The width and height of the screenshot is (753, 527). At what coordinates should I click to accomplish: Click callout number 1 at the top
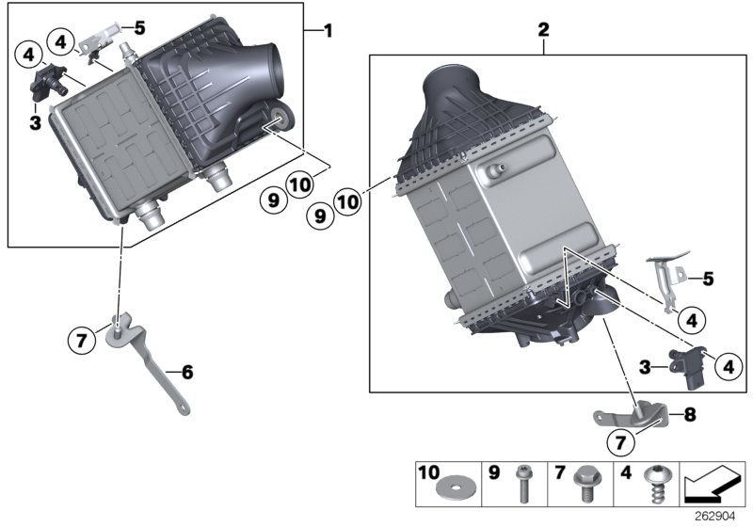(x=328, y=31)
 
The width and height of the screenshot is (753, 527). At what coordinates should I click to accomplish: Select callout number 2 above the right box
(x=543, y=30)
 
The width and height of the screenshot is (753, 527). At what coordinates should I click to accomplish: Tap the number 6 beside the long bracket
(x=186, y=373)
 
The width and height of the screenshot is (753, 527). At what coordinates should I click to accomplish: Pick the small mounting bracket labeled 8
(x=632, y=417)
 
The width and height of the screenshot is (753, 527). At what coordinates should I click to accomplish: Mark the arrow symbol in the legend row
(x=712, y=487)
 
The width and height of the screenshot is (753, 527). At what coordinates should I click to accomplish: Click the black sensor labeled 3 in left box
(x=48, y=80)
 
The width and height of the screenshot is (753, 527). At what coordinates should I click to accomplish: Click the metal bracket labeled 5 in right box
(x=669, y=279)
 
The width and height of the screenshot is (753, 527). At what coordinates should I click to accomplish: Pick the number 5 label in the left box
(x=140, y=27)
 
